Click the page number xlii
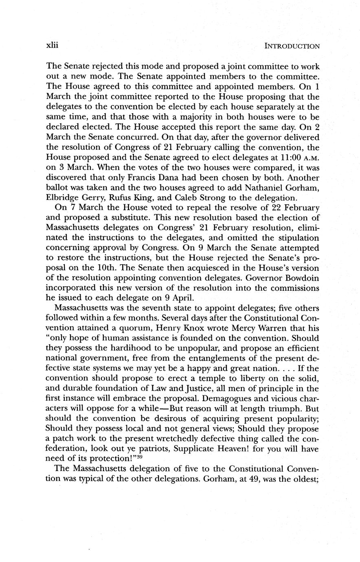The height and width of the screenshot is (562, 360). pos(53,46)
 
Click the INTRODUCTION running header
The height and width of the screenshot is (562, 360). pos(292,46)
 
